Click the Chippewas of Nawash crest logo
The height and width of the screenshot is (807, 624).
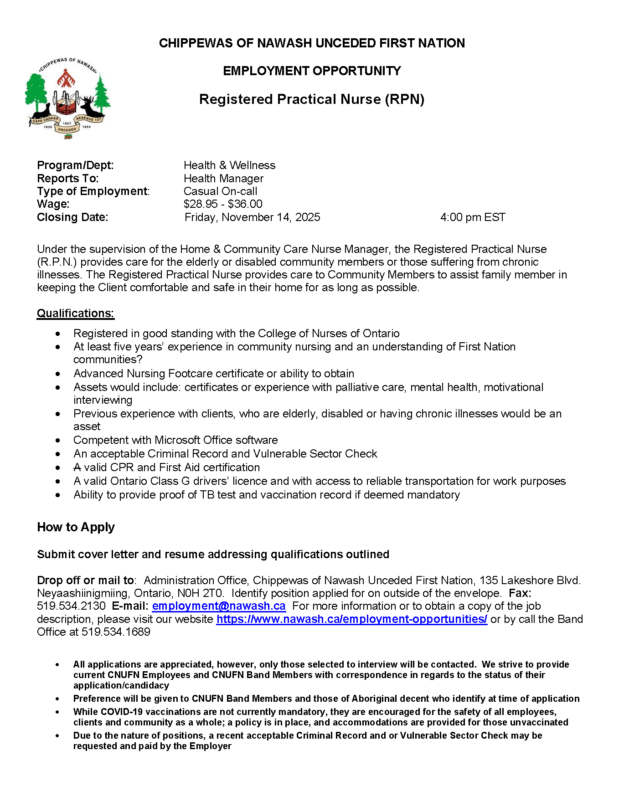(x=67, y=98)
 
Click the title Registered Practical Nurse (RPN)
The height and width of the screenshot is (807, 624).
(x=312, y=99)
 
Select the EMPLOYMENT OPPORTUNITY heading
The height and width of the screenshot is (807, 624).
(x=312, y=71)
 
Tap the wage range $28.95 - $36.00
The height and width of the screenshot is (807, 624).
(x=223, y=204)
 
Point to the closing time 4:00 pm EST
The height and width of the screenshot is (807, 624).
(x=473, y=217)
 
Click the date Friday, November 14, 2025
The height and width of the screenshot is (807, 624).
(x=252, y=217)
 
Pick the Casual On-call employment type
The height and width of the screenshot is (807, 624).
(x=220, y=191)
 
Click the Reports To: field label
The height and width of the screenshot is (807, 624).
(x=68, y=179)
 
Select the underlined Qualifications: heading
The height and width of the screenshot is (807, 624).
(x=75, y=314)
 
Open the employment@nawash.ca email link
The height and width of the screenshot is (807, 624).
(x=219, y=606)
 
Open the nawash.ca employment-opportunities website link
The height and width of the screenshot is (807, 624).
(x=351, y=619)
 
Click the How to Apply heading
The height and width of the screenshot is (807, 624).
(x=76, y=527)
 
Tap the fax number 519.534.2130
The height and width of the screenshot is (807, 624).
(x=71, y=606)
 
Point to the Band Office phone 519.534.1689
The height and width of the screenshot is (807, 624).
(x=116, y=632)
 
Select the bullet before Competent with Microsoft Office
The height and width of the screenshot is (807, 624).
(x=57, y=441)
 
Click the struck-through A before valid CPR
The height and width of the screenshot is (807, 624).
(x=77, y=468)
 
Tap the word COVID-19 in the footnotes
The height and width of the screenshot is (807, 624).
(x=121, y=712)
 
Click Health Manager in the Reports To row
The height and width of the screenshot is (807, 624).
(x=223, y=179)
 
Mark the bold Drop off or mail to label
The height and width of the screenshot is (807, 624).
(x=86, y=581)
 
